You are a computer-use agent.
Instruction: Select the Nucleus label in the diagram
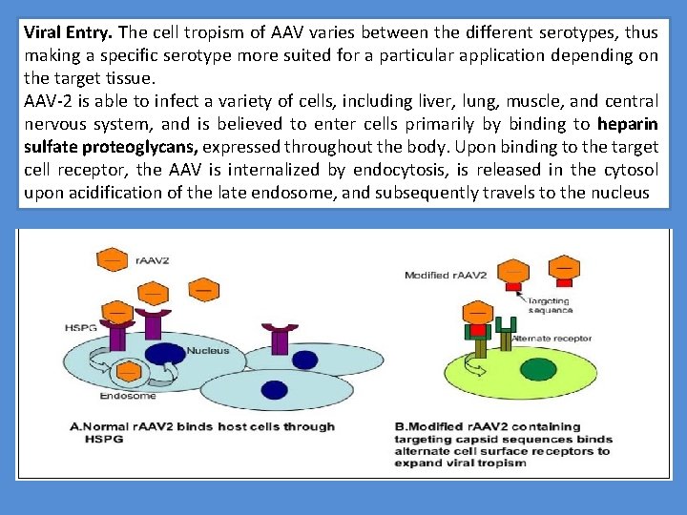tap(207, 350)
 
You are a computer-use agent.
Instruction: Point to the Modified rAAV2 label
tap(446, 275)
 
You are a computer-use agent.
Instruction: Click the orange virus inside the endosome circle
tap(125, 370)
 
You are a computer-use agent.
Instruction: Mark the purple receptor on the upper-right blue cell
tap(280, 337)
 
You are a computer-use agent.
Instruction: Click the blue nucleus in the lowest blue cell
tap(275, 389)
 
